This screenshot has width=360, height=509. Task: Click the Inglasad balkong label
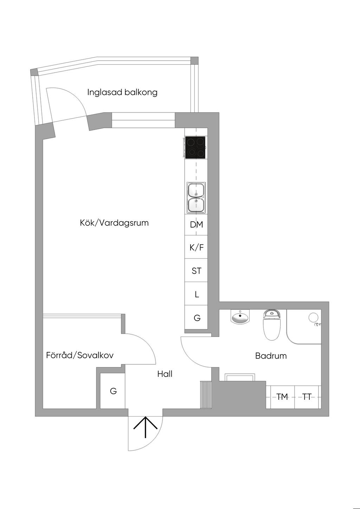tap(122, 92)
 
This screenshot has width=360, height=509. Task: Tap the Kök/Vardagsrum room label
tap(114, 223)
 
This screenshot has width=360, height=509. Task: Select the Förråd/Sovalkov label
tap(80, 355)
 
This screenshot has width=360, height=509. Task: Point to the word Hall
tap(165, 374)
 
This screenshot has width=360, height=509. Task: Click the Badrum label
tap(271, 356)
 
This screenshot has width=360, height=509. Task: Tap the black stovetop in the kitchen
tap(195, 148)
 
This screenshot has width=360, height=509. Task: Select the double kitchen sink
tap(196, 197)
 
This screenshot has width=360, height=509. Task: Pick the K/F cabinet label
tap(197, 248)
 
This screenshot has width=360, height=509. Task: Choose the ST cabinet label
tap(197, 271)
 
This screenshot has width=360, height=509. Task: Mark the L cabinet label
tap(197, 294)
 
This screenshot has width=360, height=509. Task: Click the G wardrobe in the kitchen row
tap(197, 318)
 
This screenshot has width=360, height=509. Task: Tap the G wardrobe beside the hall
tap(113, 391)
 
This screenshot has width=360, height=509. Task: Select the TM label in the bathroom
tap(282, 397)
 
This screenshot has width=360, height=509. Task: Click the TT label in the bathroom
tap(307, 397)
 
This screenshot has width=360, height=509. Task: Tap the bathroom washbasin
tap(240, 317)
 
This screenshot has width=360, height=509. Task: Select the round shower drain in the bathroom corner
tap(313, 318)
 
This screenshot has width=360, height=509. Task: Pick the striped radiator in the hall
tap(206, 394)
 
